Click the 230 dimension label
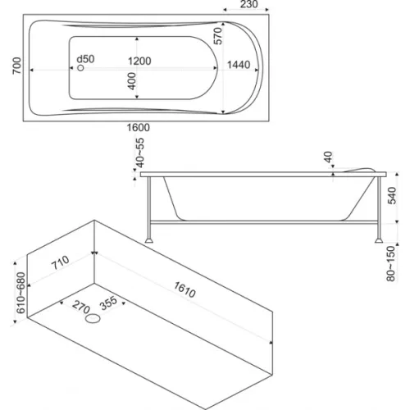point(248,4)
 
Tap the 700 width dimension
point(16,66)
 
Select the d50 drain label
point(85,59)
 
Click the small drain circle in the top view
point(80,67)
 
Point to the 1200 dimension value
point(139,61)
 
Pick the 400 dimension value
point(131,81)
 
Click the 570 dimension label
point(218,36)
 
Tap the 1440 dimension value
point(239,65)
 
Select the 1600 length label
point(139,128)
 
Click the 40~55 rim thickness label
point(139,153)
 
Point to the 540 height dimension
point(392,195)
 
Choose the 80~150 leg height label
point(391,264)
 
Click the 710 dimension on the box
point(61,262)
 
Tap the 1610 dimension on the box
point(184,289)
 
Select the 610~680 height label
point(20,293)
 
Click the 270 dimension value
point(81,307)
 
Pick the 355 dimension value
point(108,303)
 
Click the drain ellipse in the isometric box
point(93,318)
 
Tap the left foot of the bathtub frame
point(149,240)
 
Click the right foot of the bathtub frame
point(379,240)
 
